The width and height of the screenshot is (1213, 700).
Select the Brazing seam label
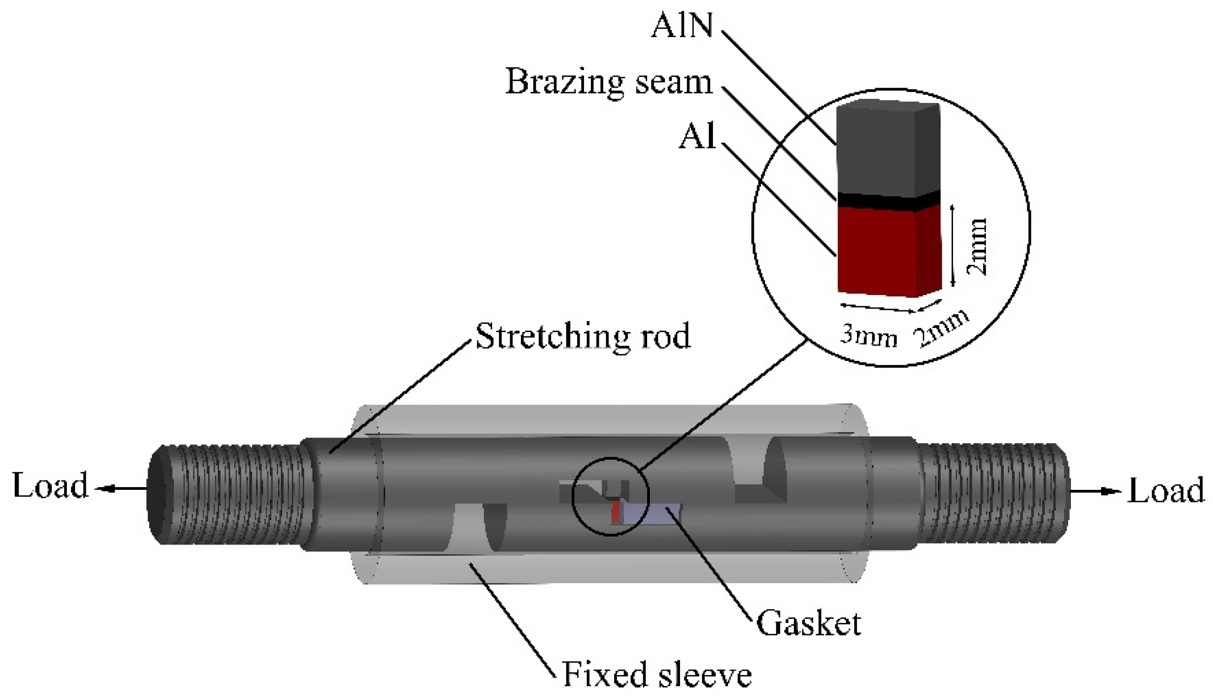coord(609,82)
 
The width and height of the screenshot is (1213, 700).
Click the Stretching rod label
coord(583,336)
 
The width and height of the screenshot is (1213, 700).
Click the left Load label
coord(50,486)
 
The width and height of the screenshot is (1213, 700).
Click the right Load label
coord(1166,491)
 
